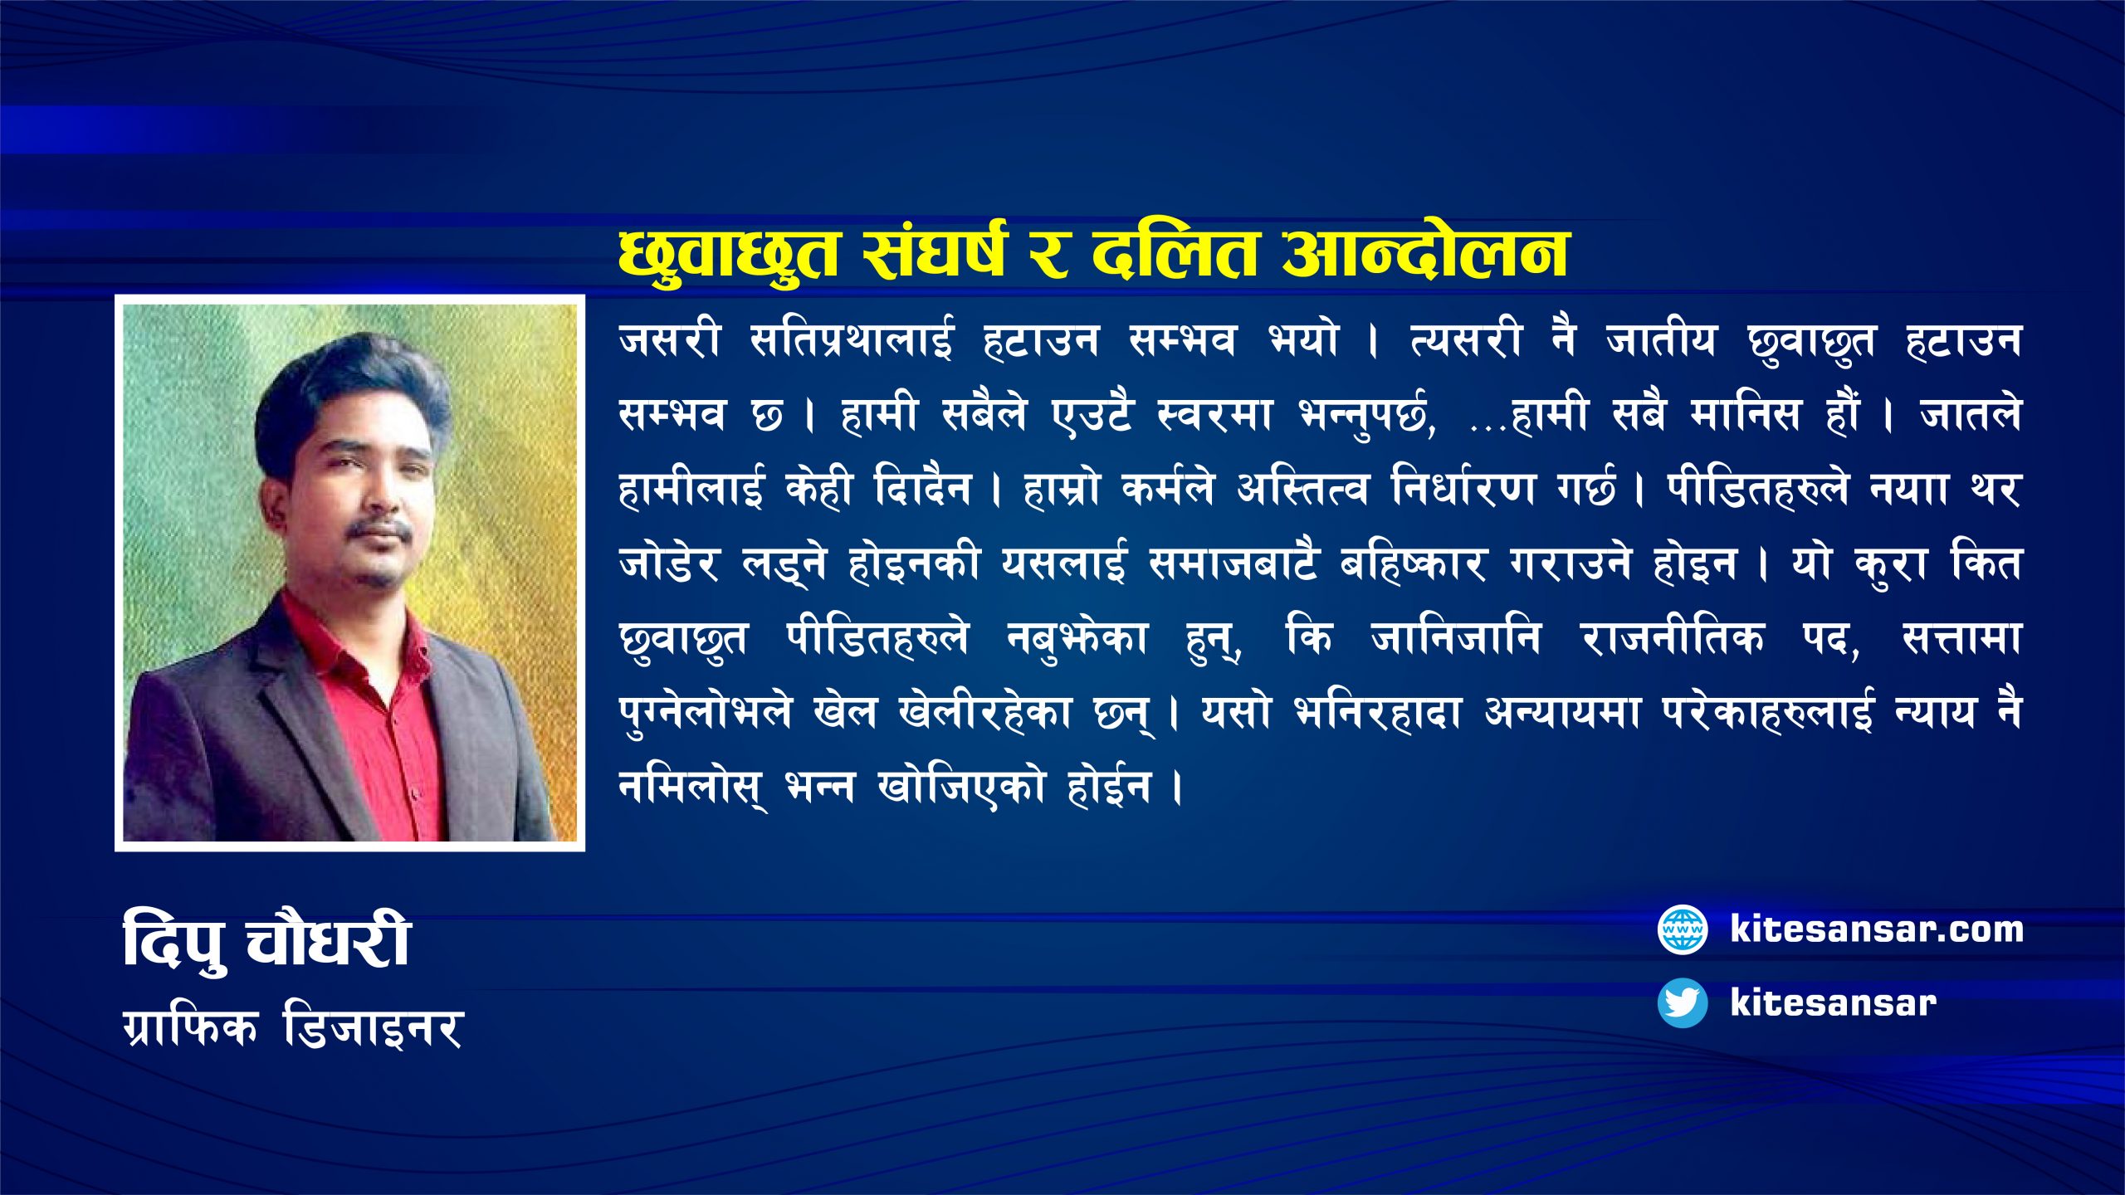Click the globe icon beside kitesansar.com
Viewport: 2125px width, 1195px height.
point(1682,929)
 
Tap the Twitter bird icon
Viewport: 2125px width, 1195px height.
point(1682,1002)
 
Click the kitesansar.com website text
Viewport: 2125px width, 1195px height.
point(1876,929)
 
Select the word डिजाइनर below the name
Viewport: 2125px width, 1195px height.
point(373,1029)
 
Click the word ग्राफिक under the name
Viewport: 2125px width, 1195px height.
point(190,1029)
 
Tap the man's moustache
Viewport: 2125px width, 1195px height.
point(378,529)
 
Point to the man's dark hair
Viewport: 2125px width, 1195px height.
point(349,382)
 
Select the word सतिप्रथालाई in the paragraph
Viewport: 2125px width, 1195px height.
point(852,340)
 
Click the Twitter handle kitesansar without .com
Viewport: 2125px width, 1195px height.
point(1833,1002)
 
